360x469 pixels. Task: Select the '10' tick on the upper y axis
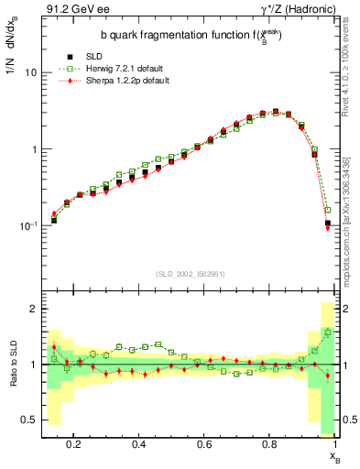tap(30, 72)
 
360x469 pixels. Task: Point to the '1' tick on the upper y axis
tap(34, 148)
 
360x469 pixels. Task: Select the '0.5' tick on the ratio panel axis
tap(30, 420)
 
